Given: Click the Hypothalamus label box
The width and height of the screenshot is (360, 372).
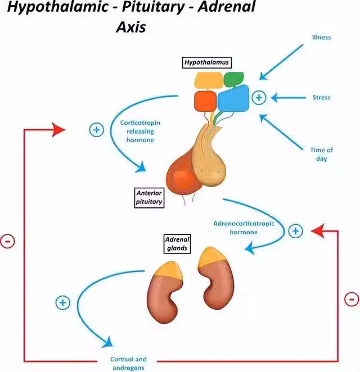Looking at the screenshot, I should coord(207,63).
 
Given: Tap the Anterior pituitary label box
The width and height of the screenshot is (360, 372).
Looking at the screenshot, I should coord(150,198).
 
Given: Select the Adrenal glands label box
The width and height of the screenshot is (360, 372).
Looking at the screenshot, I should coord(176,243).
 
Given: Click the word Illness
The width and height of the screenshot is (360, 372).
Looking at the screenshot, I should coord(321,38).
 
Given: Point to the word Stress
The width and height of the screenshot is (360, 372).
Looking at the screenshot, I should coord(321,97).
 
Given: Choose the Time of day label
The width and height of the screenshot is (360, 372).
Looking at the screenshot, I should coord(321,154).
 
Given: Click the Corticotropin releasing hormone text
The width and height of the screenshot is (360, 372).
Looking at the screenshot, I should coord(137,131).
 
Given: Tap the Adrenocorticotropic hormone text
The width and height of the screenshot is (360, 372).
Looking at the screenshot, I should coord(244,227).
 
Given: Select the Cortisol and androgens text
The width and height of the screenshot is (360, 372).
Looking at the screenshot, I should coord(129,363).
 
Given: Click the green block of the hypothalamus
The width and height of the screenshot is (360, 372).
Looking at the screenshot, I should coord(233,79).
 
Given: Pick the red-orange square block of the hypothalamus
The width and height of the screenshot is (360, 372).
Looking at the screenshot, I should coord(205,101).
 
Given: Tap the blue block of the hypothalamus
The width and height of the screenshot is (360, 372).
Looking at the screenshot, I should coord(233,99).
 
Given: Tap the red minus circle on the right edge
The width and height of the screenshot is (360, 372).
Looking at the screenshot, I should coord(350,298).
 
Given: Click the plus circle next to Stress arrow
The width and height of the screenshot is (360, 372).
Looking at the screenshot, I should coord(258,97).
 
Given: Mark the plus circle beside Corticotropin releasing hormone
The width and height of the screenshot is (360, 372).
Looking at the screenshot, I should coord(97,130).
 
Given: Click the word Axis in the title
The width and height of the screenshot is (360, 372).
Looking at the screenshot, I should coord(130,27).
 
